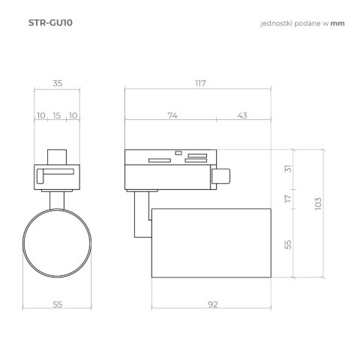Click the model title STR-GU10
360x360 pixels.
tap(50, 22)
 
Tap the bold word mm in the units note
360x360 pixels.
tap(337, 23)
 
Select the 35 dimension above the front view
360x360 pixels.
tap(58, 83)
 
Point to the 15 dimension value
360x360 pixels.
tap(57, 115)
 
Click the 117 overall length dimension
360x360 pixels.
tap(200, 83)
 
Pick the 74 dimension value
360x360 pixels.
tap(172, 115)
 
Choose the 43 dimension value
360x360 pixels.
tap(242, 115)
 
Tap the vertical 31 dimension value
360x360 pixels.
tap(288, 169)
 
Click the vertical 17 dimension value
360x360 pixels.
tap(288, 199)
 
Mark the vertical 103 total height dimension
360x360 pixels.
tap(318, 204)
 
